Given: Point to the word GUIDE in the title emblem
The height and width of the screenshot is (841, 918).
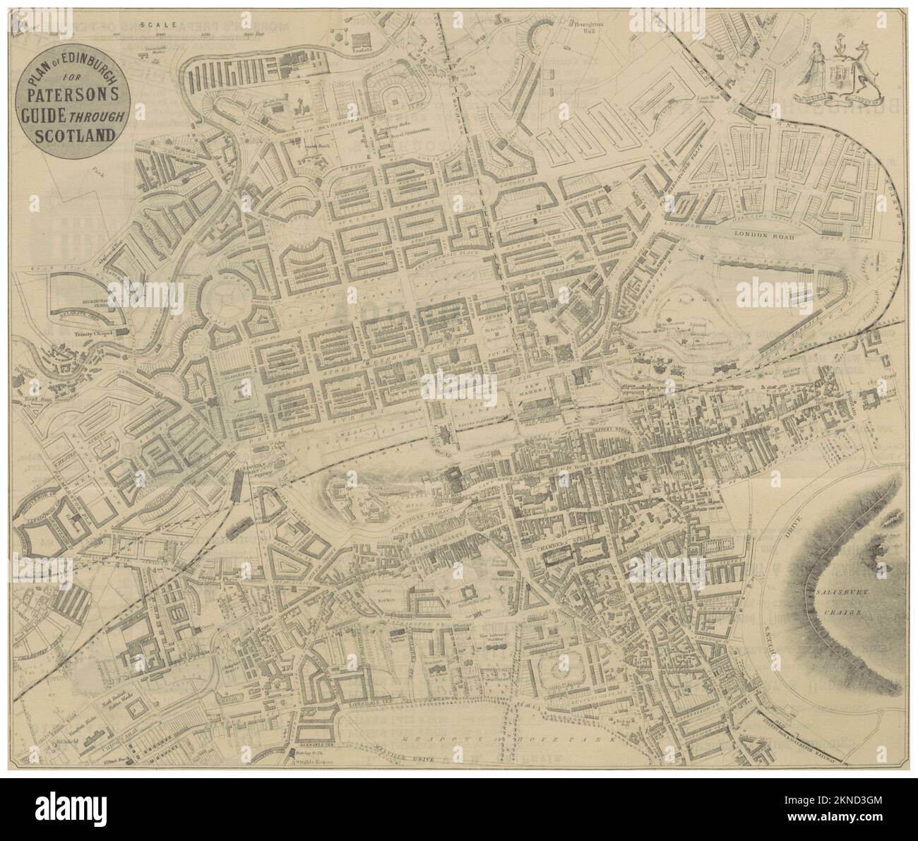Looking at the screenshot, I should tap(52, 116).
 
